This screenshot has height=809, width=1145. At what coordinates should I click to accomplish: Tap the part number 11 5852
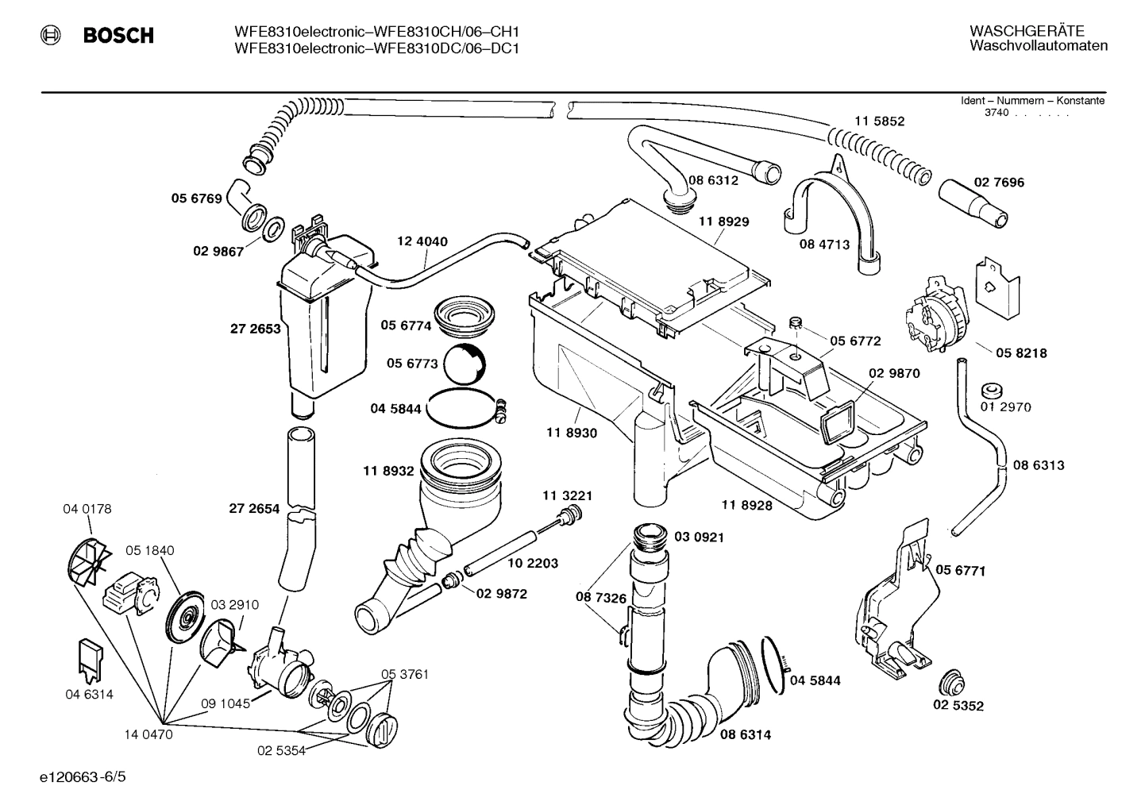879,121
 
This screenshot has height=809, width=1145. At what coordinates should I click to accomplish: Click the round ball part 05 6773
465,366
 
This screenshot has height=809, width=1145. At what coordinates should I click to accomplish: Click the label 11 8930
571,433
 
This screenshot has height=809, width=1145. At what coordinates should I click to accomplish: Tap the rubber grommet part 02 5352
949,682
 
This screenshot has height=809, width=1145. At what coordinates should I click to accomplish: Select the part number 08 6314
745,734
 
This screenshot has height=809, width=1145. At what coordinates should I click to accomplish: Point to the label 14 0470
148,734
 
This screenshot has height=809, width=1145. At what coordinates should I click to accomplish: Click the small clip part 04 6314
91,661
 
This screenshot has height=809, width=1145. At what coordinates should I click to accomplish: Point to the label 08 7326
601,597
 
